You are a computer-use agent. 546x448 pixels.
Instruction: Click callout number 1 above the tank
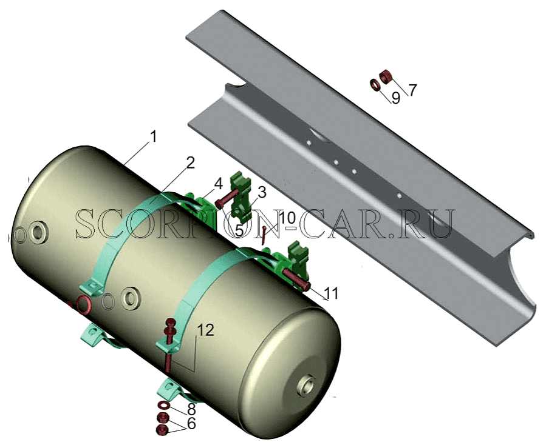(152, 136)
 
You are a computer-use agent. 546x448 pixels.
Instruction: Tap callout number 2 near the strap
(190, 163)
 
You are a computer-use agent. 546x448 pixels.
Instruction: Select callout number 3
(262, 192)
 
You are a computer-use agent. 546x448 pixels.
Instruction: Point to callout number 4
(218, 184)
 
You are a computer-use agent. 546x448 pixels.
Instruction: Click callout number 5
(239, 230)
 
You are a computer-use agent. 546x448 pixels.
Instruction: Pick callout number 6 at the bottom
(191, 423)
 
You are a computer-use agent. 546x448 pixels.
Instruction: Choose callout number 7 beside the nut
(412, 90)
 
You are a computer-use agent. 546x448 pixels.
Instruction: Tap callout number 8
(191, 409)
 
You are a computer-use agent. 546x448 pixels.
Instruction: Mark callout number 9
(396, 98)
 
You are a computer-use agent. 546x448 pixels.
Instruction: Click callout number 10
(287, 218)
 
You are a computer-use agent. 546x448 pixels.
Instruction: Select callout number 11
(330, 293)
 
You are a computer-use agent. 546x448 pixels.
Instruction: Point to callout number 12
(205, 330)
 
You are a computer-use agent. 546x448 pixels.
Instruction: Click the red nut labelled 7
(386, 76)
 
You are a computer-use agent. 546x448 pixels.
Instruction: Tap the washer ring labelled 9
(375, 85)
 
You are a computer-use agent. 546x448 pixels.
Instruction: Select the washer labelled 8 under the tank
(163, 405)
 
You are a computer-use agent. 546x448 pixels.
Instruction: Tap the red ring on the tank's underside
(84, 305)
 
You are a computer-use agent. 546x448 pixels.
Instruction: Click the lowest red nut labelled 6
(163, 430)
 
